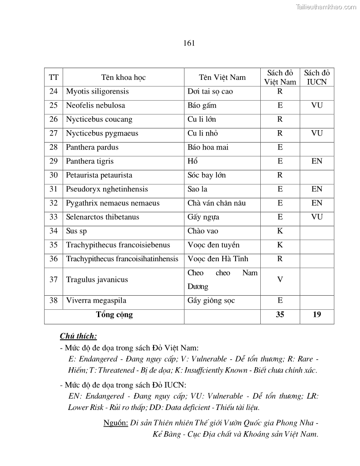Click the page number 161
189,43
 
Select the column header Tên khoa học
123,78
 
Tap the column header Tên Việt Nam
222,78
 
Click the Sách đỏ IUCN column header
317,77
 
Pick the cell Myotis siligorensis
97,92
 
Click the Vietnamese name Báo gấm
202,105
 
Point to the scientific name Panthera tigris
90,162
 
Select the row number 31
53,189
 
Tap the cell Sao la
197,189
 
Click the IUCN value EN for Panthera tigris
317,162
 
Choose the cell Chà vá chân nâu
217,203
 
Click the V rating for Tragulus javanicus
280,280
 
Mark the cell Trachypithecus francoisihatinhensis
122,259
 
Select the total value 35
280,315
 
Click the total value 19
317,315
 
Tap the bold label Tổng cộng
114,315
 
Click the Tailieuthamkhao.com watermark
326,7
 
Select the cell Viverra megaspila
96,301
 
